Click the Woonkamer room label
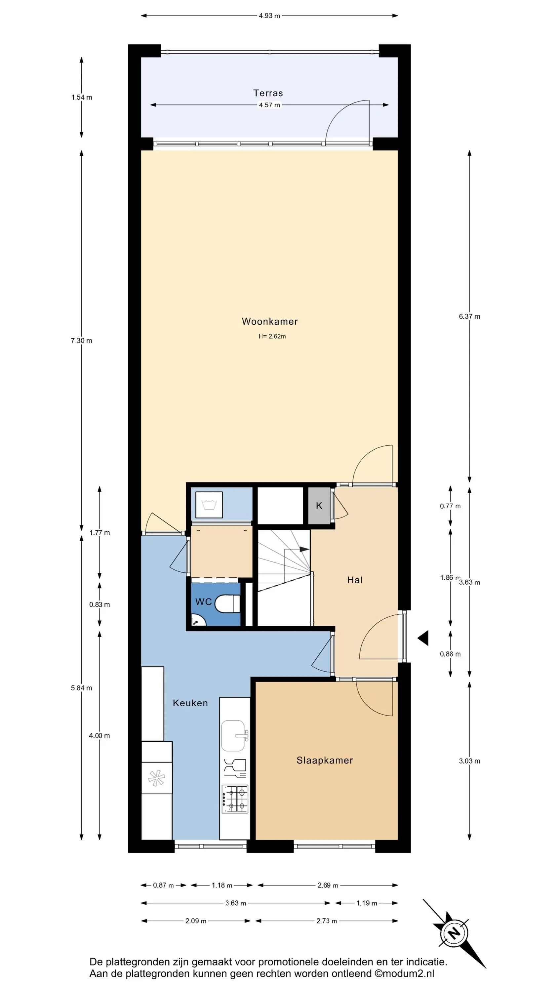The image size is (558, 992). click(269, 321)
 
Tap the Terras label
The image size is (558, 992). click(268, 93)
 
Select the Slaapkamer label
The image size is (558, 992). click(325, 760)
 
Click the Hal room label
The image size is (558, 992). click(355, 580)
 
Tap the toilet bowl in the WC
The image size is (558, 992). click(227, 603)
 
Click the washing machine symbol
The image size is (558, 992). click(209, 505)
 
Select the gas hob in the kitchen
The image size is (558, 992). click(235, 800)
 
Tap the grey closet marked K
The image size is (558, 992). click(319, 506)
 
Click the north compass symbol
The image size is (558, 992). click(455, 933)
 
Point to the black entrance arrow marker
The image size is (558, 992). click(423, 638)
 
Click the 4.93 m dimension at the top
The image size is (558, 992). click(269, 16)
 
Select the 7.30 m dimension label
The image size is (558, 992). click(81, 341)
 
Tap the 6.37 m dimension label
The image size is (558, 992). click(469, 316)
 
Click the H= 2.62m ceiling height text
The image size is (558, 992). click(272, 336)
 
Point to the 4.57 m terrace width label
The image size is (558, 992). click(269, 105)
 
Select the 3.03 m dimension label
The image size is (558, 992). click(469, 761)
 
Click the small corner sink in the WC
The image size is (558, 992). click(197, 620)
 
